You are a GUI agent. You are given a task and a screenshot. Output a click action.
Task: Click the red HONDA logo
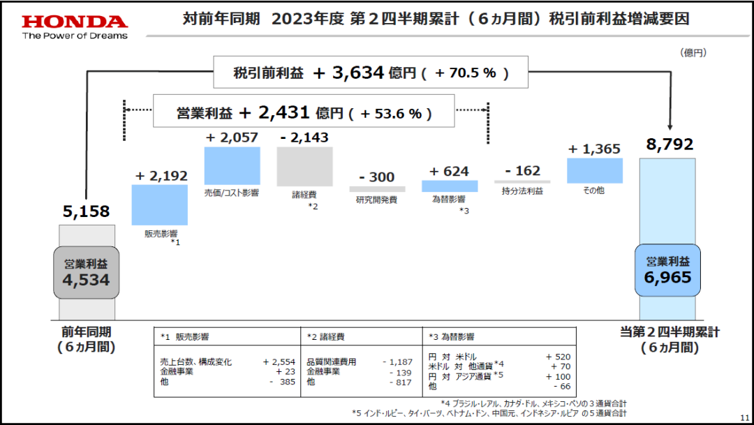(x=75, y=22)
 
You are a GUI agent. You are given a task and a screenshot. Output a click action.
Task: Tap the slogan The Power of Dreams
(x=75, y=36)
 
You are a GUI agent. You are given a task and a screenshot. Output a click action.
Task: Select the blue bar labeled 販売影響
(x=159, y=204)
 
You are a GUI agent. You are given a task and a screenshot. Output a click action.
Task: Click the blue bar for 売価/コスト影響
(x=232, y=165)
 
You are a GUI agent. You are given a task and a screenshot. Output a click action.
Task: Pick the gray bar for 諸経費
(x=304, y=166)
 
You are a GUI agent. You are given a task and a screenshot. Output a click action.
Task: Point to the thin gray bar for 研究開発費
(x=377, y=189)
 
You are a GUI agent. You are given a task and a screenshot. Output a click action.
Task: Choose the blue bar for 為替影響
(x=450, y=186)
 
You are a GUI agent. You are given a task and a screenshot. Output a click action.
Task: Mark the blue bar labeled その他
(x=595, y=171)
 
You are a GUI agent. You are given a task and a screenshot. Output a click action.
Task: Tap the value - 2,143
(x=304, y=138)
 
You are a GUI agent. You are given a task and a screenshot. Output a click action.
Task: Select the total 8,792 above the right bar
(x=670, y=144)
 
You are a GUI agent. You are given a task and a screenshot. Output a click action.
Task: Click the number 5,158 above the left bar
(x=87, y=211)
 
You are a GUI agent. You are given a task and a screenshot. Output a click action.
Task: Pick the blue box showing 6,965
(x=667, y=270)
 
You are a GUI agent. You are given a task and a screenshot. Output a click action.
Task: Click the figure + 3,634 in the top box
(x=348, y=72)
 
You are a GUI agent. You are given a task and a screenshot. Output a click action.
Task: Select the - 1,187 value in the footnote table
(x=399, y=362)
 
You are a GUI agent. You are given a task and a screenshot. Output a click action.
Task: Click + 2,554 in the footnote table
(x=279, y=362)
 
